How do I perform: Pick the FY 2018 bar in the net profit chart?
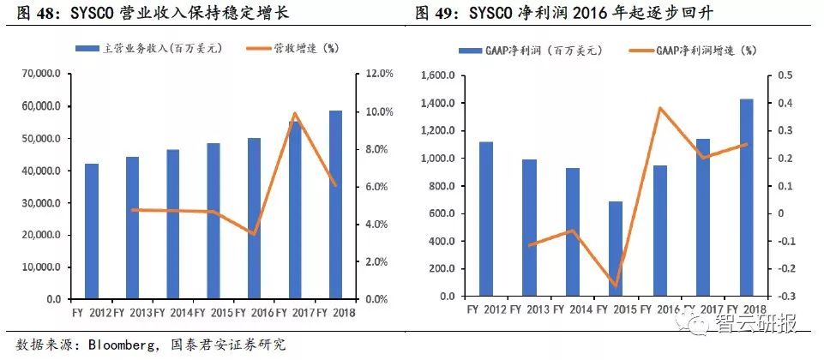[x=747, y=198]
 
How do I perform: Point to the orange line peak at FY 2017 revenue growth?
[x=294, y=113]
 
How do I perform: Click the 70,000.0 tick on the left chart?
[x=40, y=75]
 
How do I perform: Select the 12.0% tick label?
[x=377, y=75]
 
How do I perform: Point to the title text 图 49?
[x=436, y=13]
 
